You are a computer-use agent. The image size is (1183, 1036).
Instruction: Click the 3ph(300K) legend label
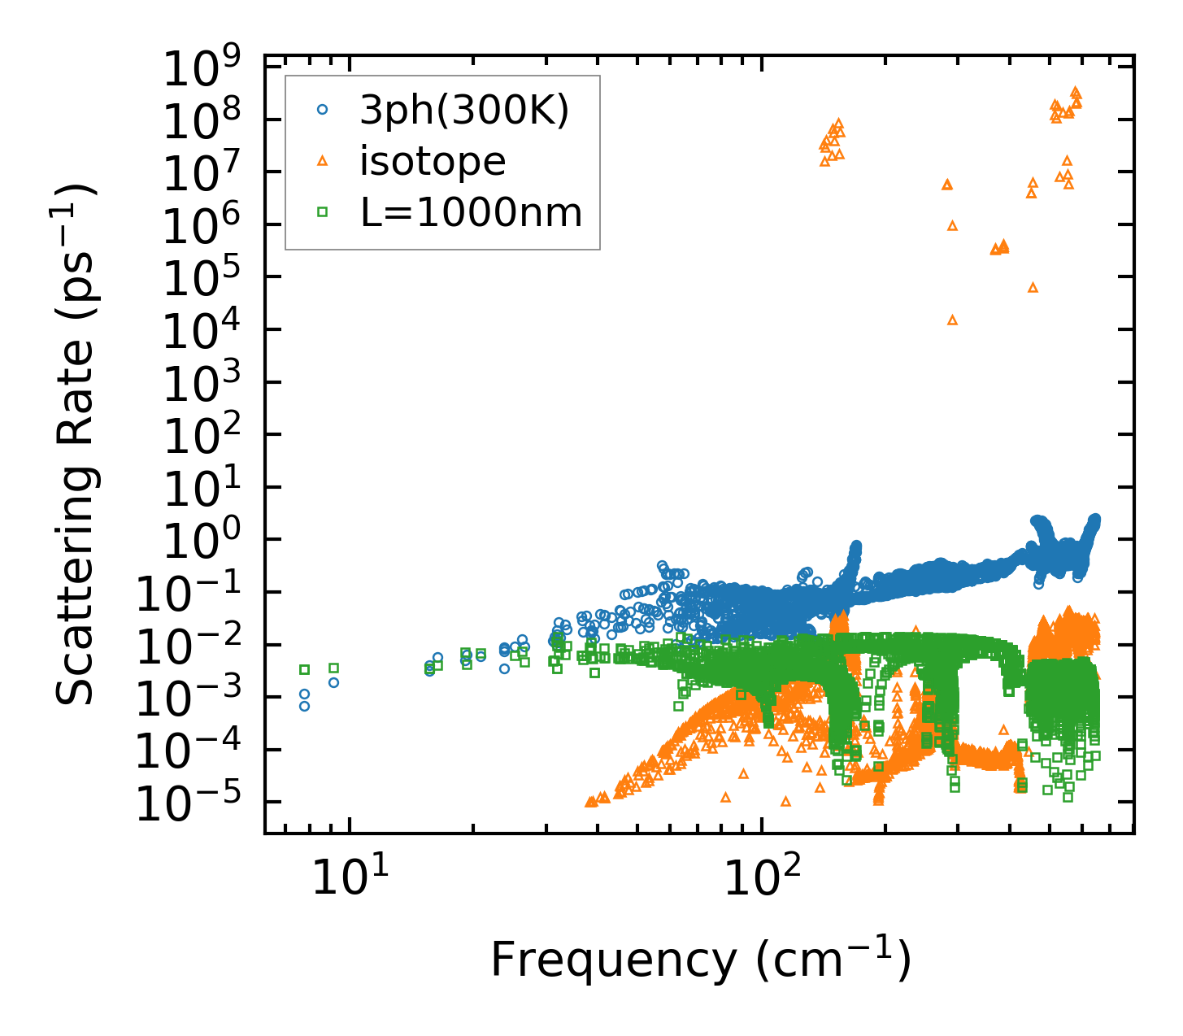tap(465, 110)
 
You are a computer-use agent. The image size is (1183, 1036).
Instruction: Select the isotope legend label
tap(433, 161)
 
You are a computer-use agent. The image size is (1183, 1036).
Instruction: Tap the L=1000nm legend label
tap(472, 213)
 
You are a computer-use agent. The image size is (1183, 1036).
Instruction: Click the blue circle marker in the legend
tap(322, 109)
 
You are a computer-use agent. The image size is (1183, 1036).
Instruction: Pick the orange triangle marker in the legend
tap(322, 161)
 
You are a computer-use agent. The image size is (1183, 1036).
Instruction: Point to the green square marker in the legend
tap(322, 212)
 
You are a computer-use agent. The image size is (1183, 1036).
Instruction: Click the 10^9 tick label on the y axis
tap(205, 72)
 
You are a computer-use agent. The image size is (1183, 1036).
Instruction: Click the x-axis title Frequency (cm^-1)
tap(700, 960)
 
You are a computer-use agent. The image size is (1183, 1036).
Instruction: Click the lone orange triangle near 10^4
tap(953, 320)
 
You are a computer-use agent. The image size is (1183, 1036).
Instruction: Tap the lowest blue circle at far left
tap(304, 706)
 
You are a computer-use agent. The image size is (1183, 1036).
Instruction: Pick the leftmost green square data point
tap(305, 669)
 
